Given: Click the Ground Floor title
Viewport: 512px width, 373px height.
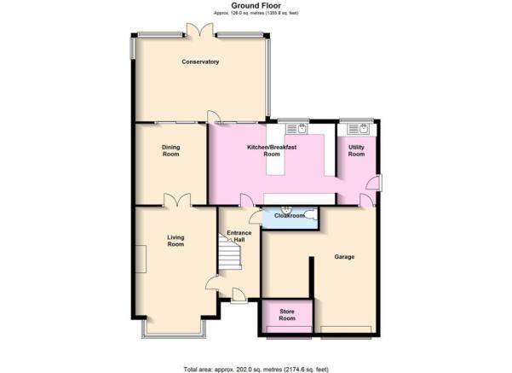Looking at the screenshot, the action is (256, 6).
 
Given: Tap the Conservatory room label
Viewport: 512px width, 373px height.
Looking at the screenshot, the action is (200, 61).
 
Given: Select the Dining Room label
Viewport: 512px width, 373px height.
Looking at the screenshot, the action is (170, 150).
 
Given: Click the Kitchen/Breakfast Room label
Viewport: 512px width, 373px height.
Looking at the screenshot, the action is (272, 150).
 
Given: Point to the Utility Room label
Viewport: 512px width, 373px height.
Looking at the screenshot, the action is (356, 150).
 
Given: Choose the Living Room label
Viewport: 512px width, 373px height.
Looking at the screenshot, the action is (175, 241).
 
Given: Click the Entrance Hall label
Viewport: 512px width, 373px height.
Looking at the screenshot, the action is (239, 236).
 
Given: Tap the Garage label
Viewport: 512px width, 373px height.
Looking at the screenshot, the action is (344, 257).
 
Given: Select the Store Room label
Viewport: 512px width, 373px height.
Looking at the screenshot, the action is (287, 315).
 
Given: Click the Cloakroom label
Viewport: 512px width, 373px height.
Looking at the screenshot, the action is (290, 216).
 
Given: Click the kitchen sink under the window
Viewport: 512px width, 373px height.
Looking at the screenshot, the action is (296, 129).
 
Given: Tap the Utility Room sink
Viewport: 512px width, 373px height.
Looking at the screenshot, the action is (358, 129).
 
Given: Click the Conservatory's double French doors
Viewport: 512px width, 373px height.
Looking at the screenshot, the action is (200, 30).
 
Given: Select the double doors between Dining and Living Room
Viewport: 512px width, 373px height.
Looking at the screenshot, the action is (177, 200).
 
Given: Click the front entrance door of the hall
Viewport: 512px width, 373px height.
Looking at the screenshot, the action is (239, 295).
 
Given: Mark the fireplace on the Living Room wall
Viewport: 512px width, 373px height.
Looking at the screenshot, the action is (141, 259).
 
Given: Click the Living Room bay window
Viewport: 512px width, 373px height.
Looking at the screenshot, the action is (174, 329).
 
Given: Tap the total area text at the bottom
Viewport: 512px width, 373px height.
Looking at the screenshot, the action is (256, 370).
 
